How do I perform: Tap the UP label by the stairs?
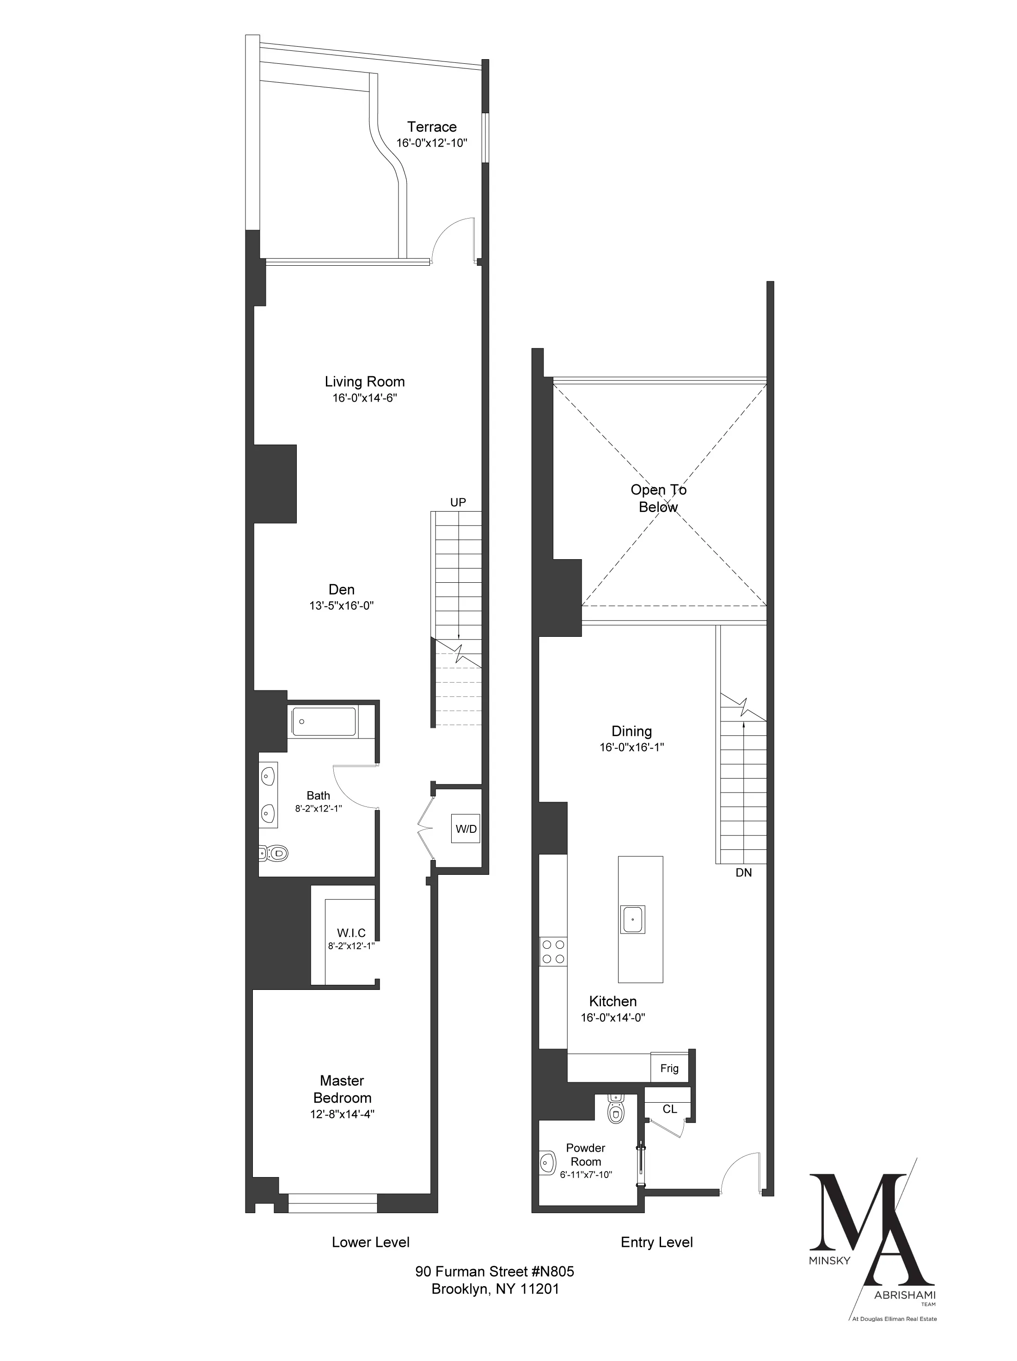(458, 502)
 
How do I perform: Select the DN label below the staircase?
(744, 873)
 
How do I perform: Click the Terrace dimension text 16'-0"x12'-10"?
(432, 143)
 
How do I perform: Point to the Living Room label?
(364, 381)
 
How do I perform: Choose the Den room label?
(342, 589)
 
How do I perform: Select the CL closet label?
(670, 1109)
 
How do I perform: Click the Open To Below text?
(658, 498)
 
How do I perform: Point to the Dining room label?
(631, 731)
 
